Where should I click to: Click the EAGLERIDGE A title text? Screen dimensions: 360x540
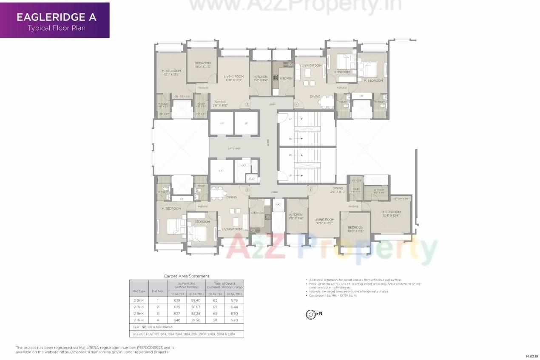[x=56, y=17]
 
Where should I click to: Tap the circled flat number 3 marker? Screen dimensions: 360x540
[x=247, y=105]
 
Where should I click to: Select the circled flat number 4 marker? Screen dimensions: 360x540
[x=297, y=105]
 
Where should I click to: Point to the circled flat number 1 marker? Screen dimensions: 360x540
[x=310, y=190]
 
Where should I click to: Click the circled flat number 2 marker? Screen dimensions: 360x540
[x=247, y=190]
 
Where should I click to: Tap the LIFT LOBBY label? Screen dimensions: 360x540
[x=234, y=148]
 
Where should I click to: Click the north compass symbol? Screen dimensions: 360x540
[x=311, y=314]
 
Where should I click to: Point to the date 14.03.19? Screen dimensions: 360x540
[x=531, y=356]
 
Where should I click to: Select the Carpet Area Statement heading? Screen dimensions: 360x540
[x=187, y=276]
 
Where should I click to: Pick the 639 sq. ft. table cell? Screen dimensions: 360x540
[x=177, y=300]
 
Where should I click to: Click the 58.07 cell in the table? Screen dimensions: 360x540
[x=196, y=307]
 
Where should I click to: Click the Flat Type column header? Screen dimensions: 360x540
[x=139, y=291]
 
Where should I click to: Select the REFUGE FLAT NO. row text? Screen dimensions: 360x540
[x=187, y=334]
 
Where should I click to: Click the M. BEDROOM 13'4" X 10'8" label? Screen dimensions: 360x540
[x=391, y=214]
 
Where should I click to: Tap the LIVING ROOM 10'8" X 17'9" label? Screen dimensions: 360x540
[x=233, y=78]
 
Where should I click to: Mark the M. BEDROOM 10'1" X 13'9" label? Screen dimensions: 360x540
[x=171, y=72]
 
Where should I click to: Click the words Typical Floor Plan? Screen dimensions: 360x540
[x=57, y=29]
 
